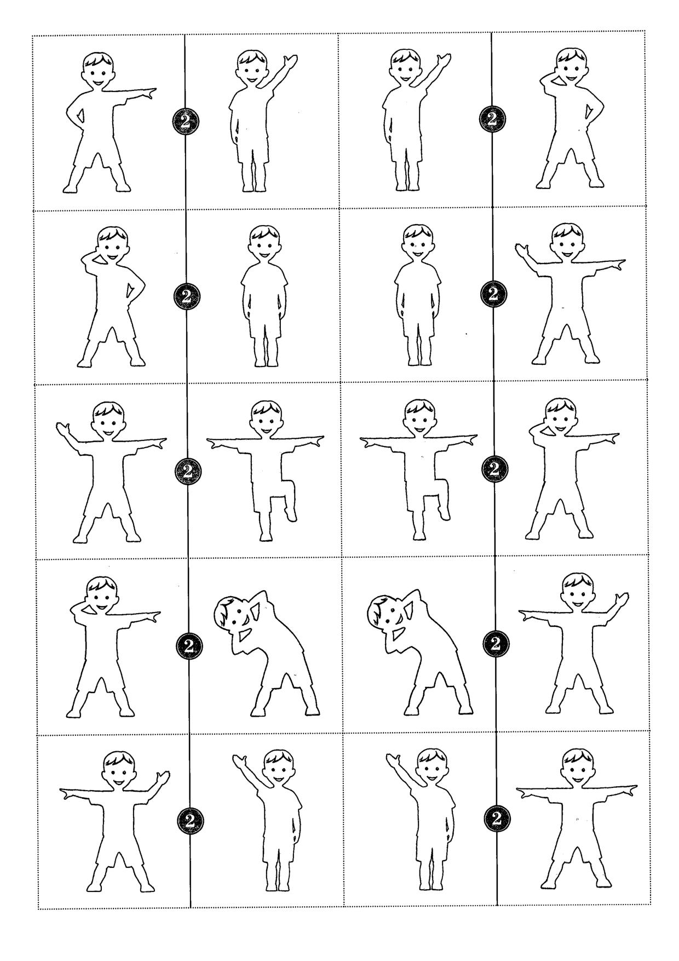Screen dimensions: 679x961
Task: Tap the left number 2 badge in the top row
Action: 185,122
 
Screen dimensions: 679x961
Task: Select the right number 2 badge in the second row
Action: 493,294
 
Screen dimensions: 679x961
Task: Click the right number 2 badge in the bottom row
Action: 497,819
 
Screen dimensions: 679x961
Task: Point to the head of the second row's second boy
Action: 265,244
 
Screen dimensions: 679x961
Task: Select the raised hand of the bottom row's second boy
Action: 240,761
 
